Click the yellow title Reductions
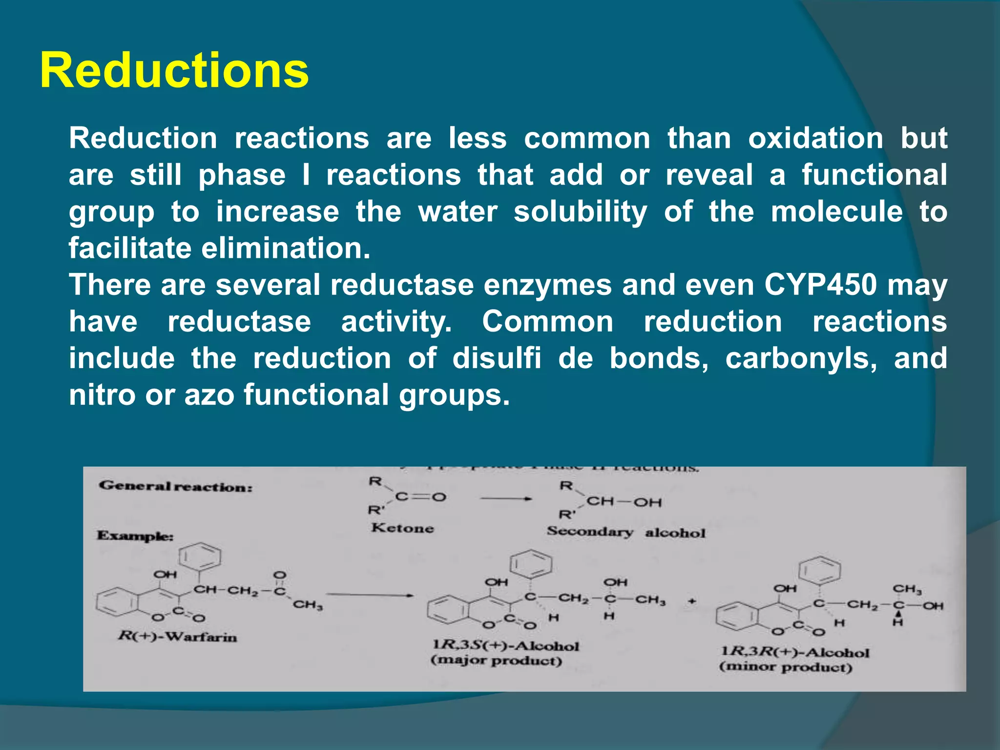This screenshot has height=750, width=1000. click(x=174, y=71)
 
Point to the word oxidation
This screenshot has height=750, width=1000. click(x=815, y=138)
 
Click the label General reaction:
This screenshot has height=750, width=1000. click(x=176, y=486)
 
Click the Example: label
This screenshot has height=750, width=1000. click(x=135, y=536)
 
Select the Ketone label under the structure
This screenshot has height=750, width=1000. click(x=402, y=528)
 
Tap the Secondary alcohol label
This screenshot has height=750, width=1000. click(x=626, y=532)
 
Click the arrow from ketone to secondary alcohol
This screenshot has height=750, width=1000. click(x=505, y=499)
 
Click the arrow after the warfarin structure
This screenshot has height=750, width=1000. click(x=370, y=595)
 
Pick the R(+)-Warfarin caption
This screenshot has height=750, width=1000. click(x=177, y=637)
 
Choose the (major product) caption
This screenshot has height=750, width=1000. click(x=496, y=661)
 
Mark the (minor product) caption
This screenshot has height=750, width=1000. click(x=786, y=667)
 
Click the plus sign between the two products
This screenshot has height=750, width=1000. click(x=691, y=602)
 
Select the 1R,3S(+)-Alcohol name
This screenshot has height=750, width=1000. click(x=505, y=646)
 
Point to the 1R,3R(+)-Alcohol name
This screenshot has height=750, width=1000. click(x=795, y=652)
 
